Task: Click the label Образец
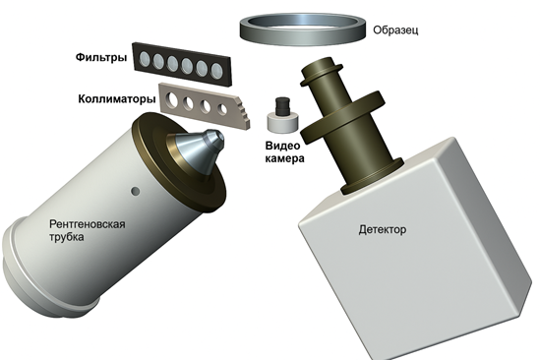[x=395, y=30]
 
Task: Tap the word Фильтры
[x=101, y=57]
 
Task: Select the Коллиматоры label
[x=117, y=99]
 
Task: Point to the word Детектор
[x=383, y=229]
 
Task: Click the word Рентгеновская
[x=88, y=224]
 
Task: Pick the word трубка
[x=67, y=237]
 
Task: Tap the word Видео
[x=282, y=146]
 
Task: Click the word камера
[x=285, y=158]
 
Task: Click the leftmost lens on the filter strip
[x=145, y=59]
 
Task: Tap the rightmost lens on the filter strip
[x=217, y=70]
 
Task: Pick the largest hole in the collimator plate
[x=171, y=99]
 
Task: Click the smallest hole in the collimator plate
[x=222, y=109]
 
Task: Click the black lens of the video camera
[x=282, y=106]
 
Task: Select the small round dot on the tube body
[x=136, y=191]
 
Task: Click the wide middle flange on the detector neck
[x=342, y=117]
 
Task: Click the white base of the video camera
[x=282, y=122]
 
